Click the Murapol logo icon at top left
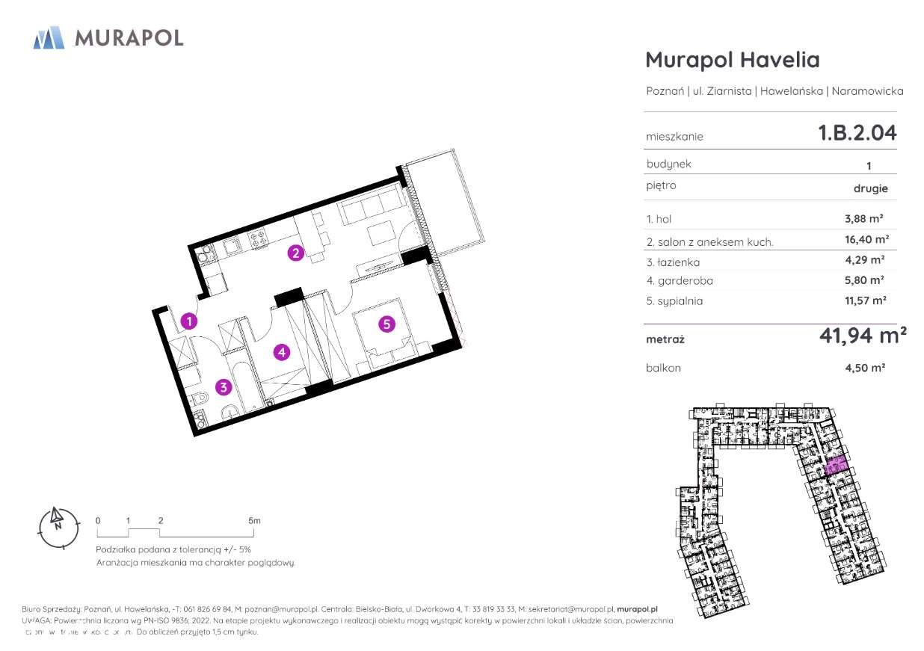point(49,37)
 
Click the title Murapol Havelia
point(732,60)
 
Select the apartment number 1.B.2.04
point(857,134)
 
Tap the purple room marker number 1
point(190,321)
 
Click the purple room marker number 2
point(296,253)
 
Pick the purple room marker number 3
point(223,386)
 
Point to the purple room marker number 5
point(386,324)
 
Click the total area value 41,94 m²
point(862,337)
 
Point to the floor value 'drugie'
point(870,188)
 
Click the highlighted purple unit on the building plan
point(837,466)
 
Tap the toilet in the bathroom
point(197,400)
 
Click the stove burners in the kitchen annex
point(259,239)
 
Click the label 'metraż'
point(665,339)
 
